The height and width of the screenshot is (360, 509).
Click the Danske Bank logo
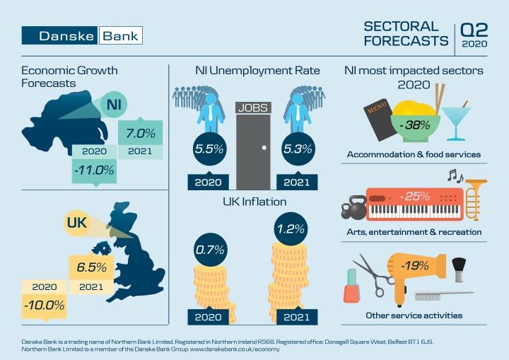tap(82, 35)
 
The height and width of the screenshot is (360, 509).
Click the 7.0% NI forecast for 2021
tap(140, 133)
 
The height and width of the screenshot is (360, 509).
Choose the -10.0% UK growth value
tap(43, 306)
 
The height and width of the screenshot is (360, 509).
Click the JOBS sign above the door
tap(252, 108)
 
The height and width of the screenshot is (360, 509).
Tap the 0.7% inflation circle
tap(210, 250)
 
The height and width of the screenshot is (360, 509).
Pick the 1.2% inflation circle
tap(291, 228)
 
